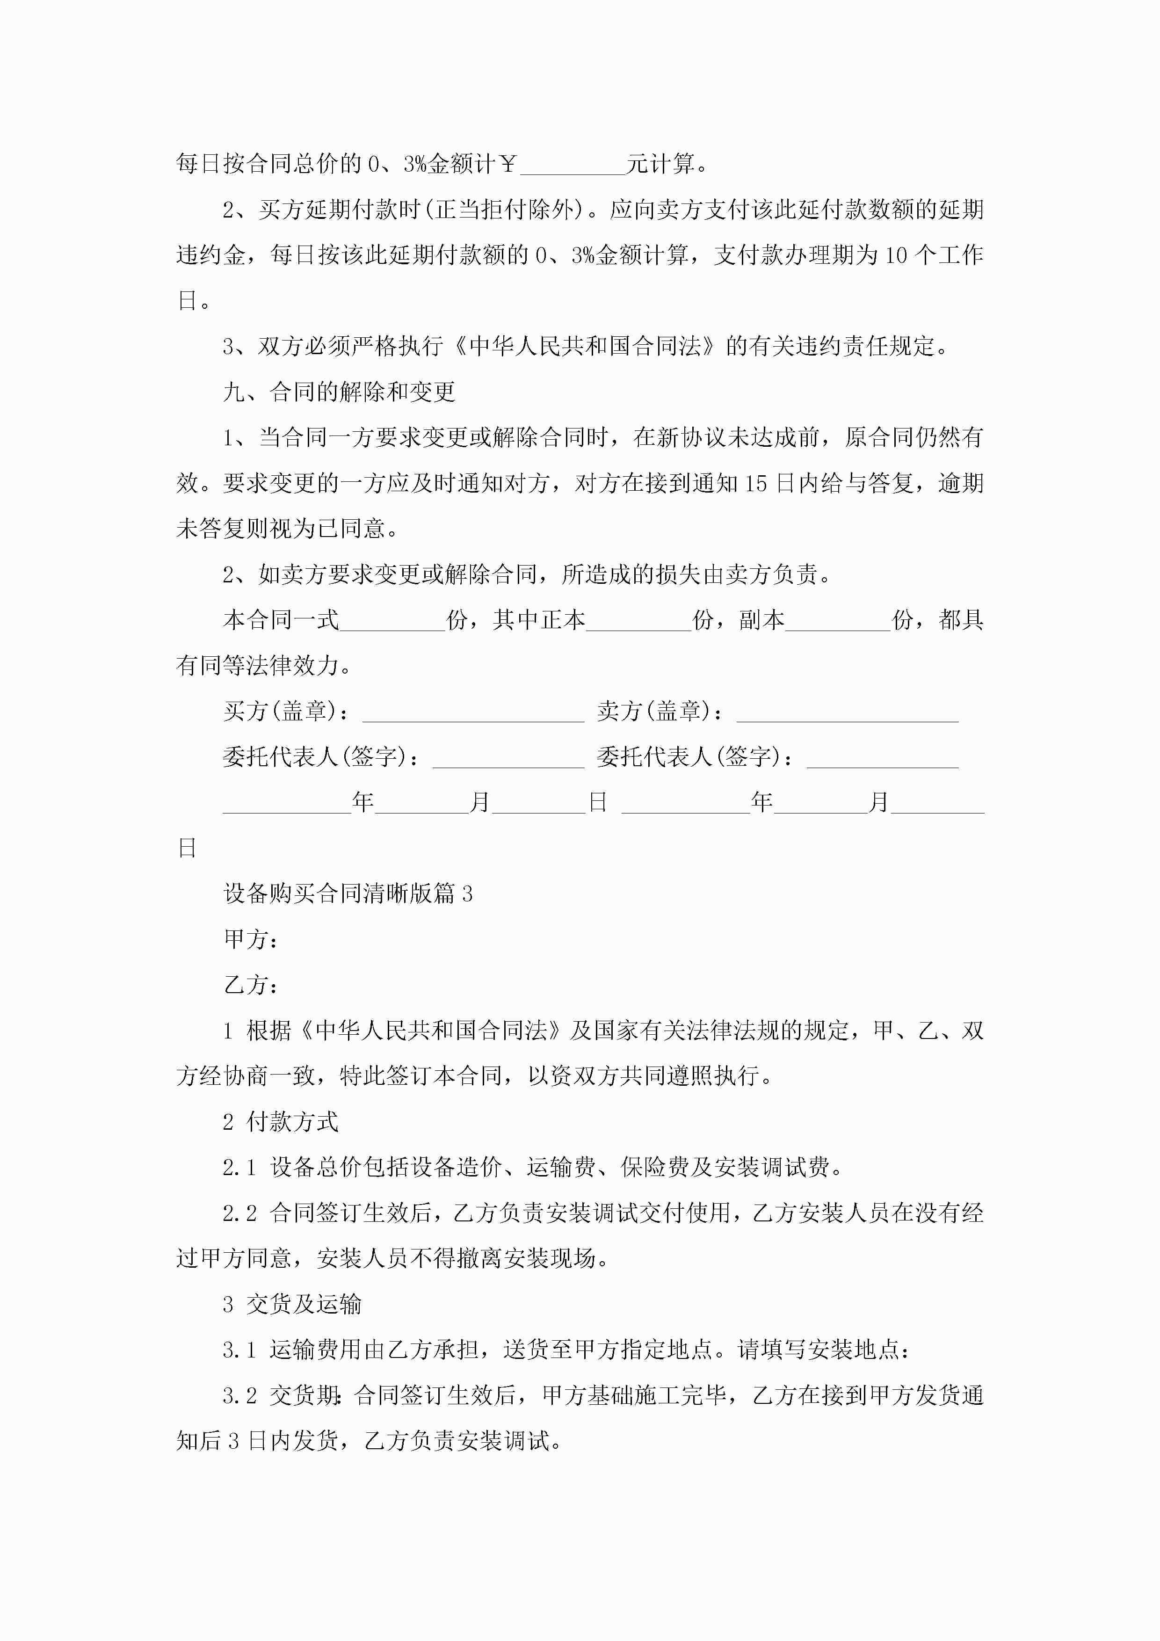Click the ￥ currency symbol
click(x=508, y=164)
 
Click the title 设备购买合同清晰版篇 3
click(x=348, y=894)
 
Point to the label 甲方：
click(x=251, y=940)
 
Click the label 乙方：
click(x=251, y=986)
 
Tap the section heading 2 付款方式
click(x=280, y=1122)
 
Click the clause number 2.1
click(x=239, y=1168)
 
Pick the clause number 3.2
click(x=239, y=1396)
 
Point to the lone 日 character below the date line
click(x=187, y=849)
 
